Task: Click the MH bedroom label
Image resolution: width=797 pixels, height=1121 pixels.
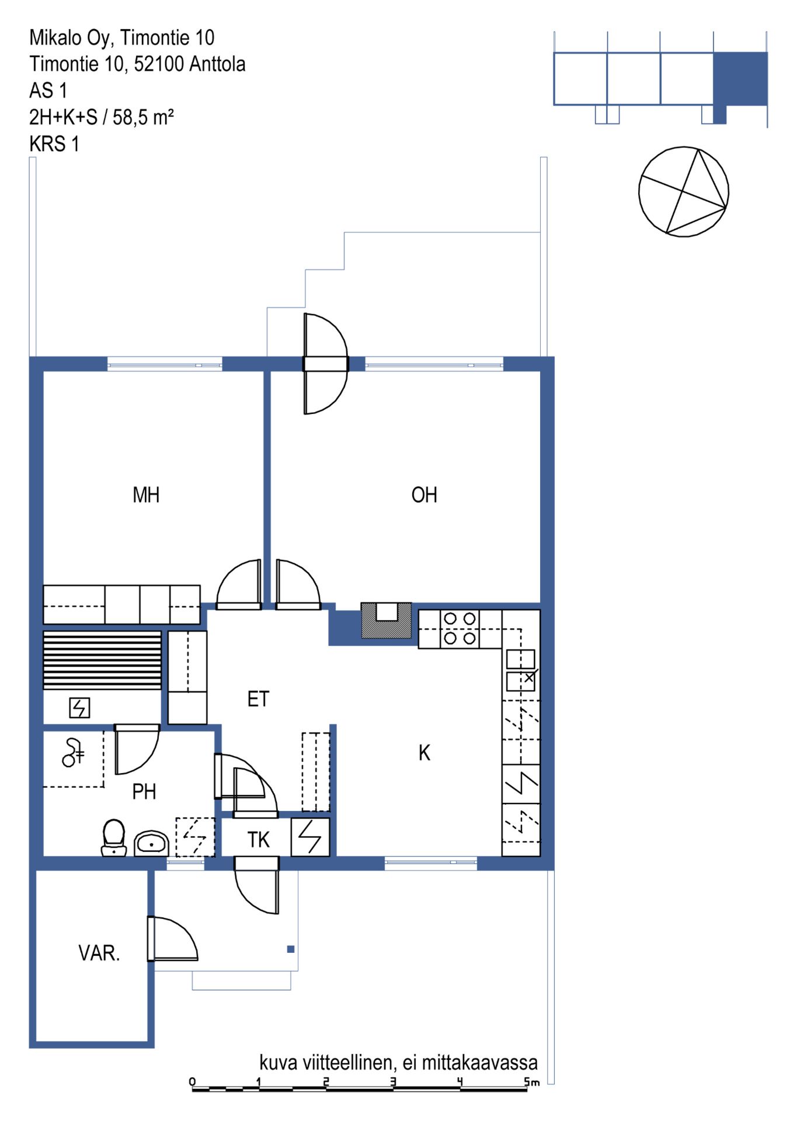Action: pyautogui.click(x=146, y=495)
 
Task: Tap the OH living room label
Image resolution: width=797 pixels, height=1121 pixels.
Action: pyautogui.click(x=424, y=495)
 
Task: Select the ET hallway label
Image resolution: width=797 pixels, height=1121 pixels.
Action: pyautogui.click(x=258, y=699)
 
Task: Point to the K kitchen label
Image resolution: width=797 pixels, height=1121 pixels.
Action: pyautogui.click(x=424, y=753)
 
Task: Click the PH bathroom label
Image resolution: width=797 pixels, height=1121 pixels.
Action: pyautogui.click(x=144, y=792)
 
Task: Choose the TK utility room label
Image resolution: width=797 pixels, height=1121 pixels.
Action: pyautogui.click(x=258, y=840)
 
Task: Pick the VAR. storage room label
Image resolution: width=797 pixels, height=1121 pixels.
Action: pyautogui.click(x=99, y=953)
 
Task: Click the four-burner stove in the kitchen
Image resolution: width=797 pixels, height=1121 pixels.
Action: pyautogui.click(x=460, y=628)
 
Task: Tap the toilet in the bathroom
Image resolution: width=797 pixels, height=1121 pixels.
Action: pyautogui.click(x=114, y=838)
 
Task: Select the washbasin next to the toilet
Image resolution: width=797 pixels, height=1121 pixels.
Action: pyautogui.click(x=152, y=844)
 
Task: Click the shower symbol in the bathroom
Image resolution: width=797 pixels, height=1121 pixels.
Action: pyautogui.click(x=73, y=752)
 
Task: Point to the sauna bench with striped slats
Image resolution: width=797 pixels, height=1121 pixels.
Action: pyautogui.click(x=102, y=660)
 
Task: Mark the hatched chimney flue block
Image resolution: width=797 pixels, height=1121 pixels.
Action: pyautogui.click(x=387, y=620)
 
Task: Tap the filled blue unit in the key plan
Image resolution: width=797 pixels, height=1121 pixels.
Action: pyautogui.click(x=740, y=79)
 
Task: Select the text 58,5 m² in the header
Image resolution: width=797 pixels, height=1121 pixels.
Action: pyautogui.click(x=143, y=117)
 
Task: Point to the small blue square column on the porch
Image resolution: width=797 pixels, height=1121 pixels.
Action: pyautogui.click(x=291, y=949)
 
